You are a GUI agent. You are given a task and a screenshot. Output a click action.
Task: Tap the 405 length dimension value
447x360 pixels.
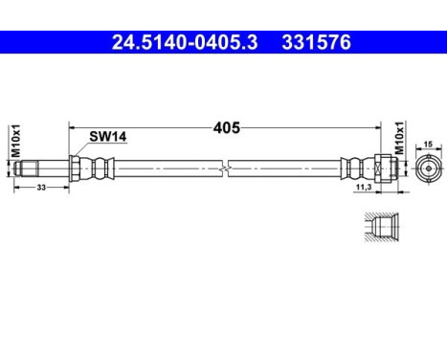(226, 126)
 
